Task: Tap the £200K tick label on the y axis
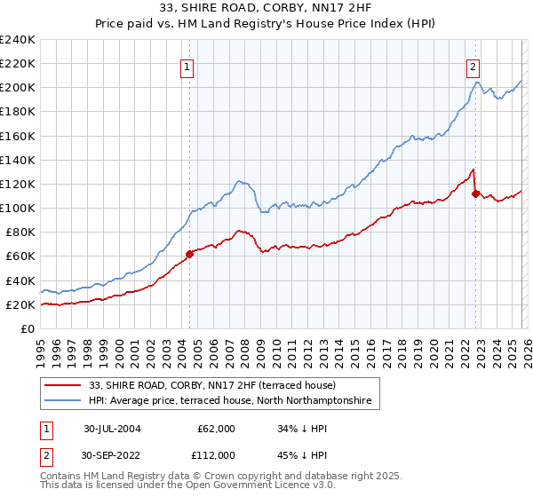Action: (18, 88)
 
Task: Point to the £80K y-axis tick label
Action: (20, 233)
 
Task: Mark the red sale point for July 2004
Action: (190, 254)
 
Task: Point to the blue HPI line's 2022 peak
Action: (477, 83)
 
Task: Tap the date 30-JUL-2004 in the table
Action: (112, 429)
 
